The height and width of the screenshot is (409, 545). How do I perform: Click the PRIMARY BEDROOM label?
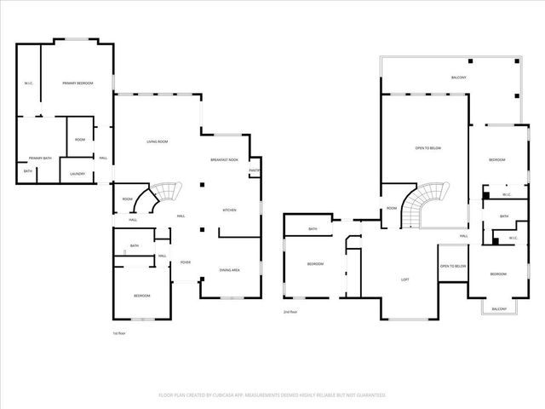(x=77, y=83)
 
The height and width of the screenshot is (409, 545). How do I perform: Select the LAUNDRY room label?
(x=77, y=174)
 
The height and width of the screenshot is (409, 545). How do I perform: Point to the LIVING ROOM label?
(x=157, y=141)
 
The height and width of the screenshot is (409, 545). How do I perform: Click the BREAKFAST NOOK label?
(x=225, y=160)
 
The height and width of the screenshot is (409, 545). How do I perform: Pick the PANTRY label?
(x=254, y=170)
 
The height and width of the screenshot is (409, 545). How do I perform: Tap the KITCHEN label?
(x=229, y=210)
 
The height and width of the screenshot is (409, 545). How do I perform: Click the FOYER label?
(x=185, y=262)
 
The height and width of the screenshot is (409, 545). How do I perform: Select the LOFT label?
(x=406, y=279)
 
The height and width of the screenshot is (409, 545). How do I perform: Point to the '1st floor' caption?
(x=121, y=333)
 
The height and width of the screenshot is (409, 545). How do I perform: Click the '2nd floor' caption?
(x=290, y=312)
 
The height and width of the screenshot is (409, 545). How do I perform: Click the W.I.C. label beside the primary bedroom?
(x=28, y=83)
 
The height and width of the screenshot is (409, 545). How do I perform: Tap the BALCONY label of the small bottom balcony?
(x=499, y=308)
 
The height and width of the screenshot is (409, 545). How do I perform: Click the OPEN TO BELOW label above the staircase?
(x=427, y=148)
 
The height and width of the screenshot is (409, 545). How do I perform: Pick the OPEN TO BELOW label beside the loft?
(x=452, y=267)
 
